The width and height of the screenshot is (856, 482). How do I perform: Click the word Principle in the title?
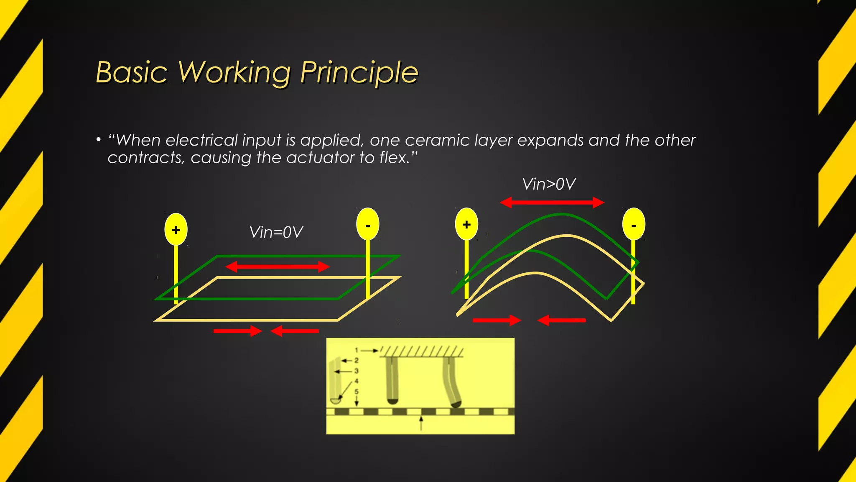pyautogui.click(x=359, y=73)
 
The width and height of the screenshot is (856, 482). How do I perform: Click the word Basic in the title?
pyautogui.click(x=132, y=73)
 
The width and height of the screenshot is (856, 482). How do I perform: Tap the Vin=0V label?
pyautogui.click(x=276, y=232)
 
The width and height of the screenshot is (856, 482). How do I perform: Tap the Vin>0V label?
pyautogui.click(x=549, y=184)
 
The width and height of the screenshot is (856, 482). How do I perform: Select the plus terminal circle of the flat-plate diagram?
pyautogui.click(x=176, y=229)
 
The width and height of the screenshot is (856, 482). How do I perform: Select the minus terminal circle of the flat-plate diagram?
pyautogui.click(x=368, y=224)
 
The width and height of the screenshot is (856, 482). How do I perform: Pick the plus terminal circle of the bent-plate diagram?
pyautogui.click(x=466, y=224)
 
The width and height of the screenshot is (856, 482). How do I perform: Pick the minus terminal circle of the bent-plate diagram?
pyautogui.click(x=634, y=225)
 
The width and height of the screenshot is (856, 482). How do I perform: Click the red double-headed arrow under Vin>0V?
pyautogui.click(x=552, y=203)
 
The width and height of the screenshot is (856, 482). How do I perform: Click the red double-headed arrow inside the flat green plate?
pyautogui.click(x=278, y=267)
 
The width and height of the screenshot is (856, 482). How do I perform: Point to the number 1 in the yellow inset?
pyautogui.click(x=357, y=350)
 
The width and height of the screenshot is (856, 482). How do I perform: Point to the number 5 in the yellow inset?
pyautogui.click(x=357, y=392)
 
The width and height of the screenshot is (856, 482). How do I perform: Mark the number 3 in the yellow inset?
pyautogui.click(x=357, y=371)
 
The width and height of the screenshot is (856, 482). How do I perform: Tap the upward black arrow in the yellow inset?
pyautogui.click(x=421, y=423)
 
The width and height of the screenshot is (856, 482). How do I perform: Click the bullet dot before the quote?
pyautogui.click(x=98, y=140)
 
